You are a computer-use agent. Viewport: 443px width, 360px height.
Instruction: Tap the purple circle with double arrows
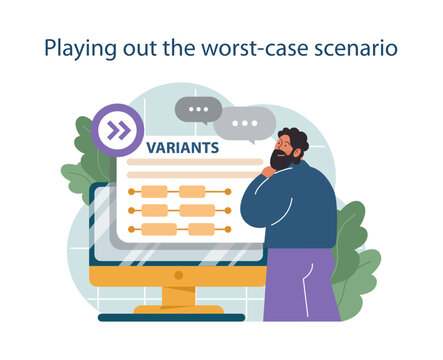118,130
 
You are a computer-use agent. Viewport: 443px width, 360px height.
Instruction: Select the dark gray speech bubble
197,109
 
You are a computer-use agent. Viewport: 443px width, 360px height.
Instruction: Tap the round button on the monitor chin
178,274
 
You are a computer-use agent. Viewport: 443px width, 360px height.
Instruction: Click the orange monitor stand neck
178,296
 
